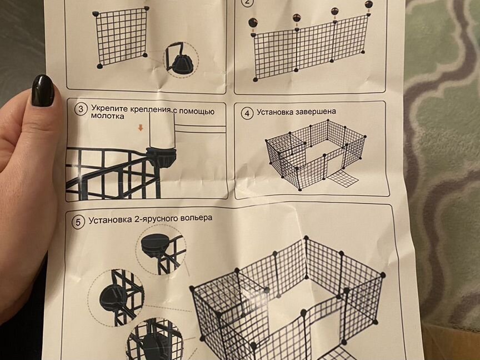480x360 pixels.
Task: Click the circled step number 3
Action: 81,109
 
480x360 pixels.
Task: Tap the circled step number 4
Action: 247,113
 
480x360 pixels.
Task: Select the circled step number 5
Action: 78,222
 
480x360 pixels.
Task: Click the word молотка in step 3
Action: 107,116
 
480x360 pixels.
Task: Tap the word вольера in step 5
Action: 196,218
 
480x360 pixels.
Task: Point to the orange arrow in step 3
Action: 141,128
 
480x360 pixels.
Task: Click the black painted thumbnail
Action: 43,91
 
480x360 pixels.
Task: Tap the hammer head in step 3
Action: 162,130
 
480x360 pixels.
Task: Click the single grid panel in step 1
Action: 122,37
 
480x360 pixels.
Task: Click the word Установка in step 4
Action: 274,112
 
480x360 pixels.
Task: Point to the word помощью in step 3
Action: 196,111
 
